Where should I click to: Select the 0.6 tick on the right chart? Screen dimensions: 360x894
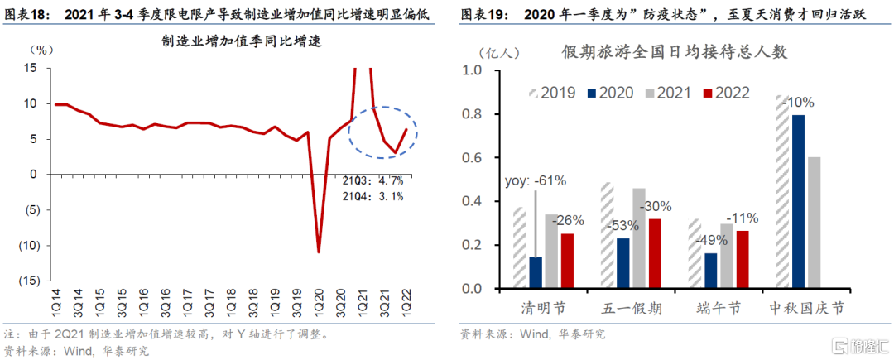point(471,157)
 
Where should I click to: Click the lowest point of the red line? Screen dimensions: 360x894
point(318,252)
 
